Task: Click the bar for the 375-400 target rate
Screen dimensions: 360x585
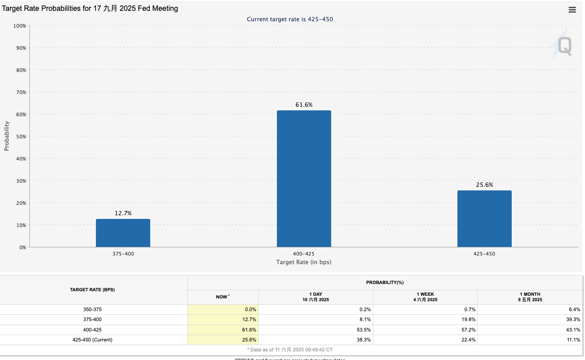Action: (x=123, y=233)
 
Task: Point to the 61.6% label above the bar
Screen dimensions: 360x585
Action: (x=304, y=105)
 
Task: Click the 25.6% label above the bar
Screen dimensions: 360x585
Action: (x=484, y=185)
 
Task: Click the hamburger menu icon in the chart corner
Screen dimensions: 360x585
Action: (x=572, y=9)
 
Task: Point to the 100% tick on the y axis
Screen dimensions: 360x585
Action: (x=19, y=26)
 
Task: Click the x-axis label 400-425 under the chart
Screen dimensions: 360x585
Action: (x=304, y=254)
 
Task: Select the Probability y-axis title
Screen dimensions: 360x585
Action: (x=7, y=136)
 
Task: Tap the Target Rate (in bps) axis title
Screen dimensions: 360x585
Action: (x=304, y=262)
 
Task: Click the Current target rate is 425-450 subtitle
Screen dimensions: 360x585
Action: (x=290, y=19)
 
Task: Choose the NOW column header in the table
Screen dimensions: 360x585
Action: (x=223, y=297)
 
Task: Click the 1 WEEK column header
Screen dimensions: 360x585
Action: (x=425, y=297)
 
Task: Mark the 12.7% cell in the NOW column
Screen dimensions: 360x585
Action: (x=249, y=320)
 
